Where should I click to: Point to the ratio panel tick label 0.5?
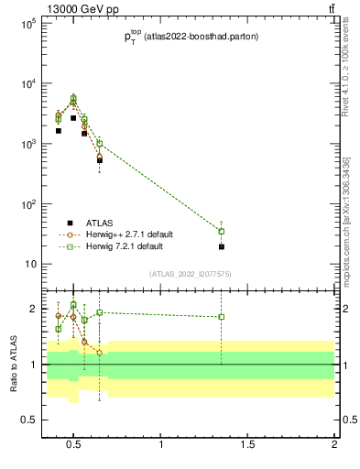[27, 420]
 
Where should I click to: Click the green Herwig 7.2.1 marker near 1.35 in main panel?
[221, 231]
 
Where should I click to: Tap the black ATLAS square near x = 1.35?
[221, 246]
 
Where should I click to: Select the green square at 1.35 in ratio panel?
[221, 317]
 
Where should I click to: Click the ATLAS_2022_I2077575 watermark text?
[191, 274]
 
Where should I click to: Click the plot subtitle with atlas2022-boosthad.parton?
[191, 37]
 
